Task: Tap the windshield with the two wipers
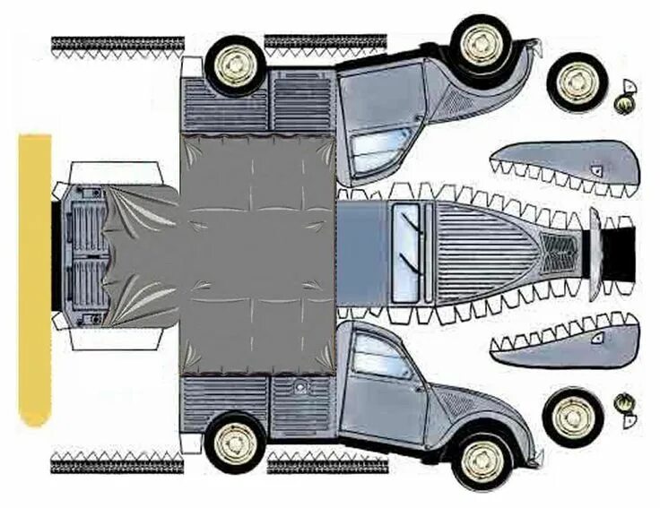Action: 406,253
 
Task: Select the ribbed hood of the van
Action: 489,252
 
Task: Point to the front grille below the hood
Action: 561,252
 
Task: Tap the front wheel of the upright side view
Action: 482,460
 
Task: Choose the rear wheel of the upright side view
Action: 235,441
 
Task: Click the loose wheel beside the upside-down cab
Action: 577,82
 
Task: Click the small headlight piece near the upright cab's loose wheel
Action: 626,409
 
